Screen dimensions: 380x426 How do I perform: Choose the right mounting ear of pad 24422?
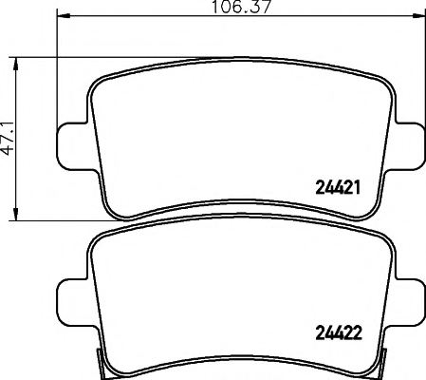pos(409,297)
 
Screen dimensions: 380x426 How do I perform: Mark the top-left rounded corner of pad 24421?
pos(100,80)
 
